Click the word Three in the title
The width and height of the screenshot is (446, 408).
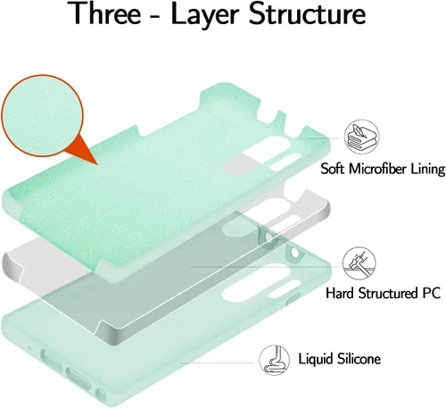(x=105, y=13)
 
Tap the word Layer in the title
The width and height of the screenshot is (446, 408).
(x=205, y=15)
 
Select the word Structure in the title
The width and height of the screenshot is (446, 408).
(x=307, y=13)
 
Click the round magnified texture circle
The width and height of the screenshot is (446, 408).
(x=42, y=115)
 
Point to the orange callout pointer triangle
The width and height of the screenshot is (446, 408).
(x=82, y=150)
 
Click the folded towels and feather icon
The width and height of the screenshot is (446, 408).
(x=361, y=137)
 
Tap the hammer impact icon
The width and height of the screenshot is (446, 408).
(x=359, y=263)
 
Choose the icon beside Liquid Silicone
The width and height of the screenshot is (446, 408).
(x=274, y=360)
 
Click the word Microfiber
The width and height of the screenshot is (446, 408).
(x=377, y=169)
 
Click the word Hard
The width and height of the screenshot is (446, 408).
(x=341, y=293)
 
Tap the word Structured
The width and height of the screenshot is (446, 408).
(x=387, y=293)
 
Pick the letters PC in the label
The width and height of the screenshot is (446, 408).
(x=431, y=293)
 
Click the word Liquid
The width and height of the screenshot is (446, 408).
(x=316, y=359)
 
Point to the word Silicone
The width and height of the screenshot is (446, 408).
(x=359, y=358)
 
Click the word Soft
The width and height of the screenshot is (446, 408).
(x=333, y=169)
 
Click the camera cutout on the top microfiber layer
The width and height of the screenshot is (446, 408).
(x=260, y=154)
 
